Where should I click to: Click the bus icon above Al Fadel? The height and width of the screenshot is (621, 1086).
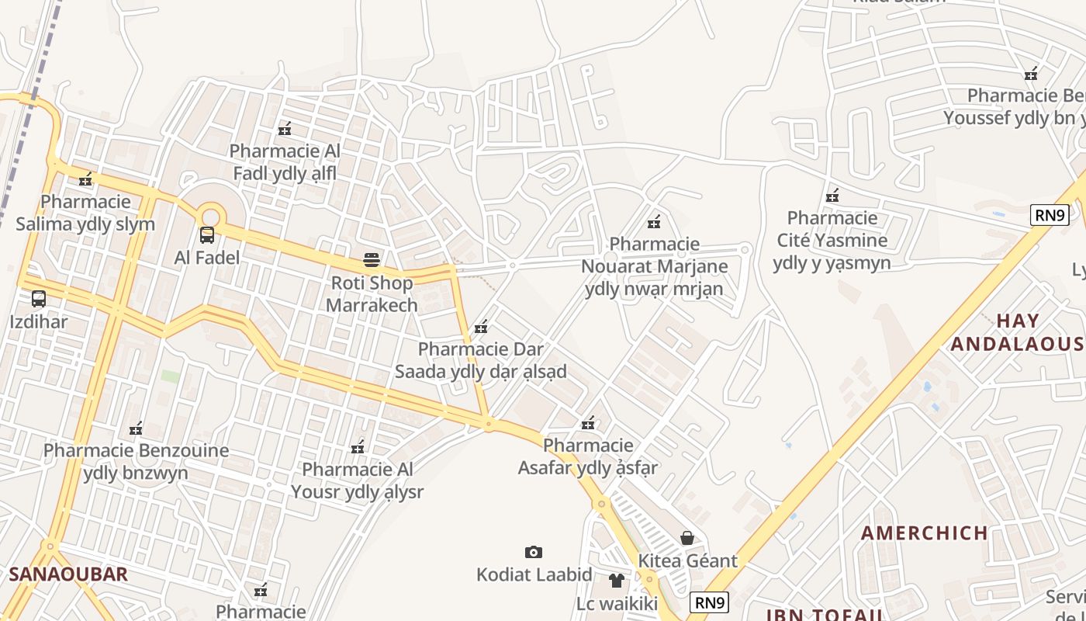207,234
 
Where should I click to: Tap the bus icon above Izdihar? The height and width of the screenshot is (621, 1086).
39,298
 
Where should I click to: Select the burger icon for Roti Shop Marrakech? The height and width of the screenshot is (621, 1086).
372,259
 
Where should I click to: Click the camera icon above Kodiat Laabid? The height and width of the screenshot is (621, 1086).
534,552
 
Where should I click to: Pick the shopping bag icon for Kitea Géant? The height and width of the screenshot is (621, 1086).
687,537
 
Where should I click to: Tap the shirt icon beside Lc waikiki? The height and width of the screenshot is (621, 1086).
617,580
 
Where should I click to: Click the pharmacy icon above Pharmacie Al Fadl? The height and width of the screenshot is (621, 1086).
285,128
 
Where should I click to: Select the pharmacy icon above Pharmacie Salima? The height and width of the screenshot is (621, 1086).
85,179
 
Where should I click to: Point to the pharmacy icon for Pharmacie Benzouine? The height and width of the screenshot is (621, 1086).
136,428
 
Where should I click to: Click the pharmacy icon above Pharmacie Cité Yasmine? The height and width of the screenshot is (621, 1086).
832,195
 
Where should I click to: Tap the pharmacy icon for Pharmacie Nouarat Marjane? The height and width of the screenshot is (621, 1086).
654,222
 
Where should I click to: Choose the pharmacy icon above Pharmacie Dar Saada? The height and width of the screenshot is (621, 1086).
481,327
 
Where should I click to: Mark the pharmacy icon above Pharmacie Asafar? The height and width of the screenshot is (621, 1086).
589,423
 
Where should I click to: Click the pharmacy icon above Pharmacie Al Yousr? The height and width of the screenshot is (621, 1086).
358,447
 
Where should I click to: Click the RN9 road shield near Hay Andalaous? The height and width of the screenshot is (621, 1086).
1050,215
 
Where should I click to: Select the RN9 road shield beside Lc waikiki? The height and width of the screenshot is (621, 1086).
710,602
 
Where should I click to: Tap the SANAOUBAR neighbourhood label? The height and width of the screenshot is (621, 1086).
68,574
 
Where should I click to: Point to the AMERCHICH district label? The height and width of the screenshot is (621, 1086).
924,533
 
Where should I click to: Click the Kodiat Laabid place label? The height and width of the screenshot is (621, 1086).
534,575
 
